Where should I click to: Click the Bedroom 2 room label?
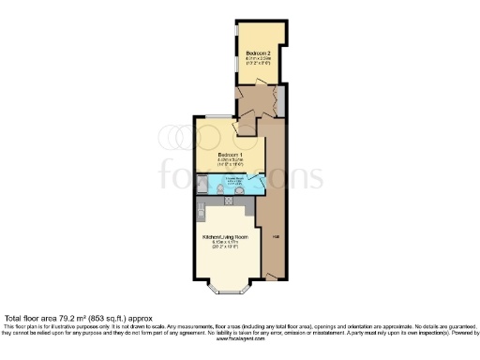pos(258,52)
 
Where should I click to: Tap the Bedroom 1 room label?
pos(230,155)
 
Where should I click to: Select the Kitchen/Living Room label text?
pos(225,237)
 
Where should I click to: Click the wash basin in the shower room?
pos(240,191)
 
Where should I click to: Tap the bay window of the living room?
pos(224,281)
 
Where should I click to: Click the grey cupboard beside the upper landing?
pos(281,100)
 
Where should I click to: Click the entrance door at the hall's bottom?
pos(272,276)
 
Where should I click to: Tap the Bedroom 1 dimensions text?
pos(230,162)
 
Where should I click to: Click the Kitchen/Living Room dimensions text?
pos(225,246)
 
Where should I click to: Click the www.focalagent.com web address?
pos(240,341)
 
